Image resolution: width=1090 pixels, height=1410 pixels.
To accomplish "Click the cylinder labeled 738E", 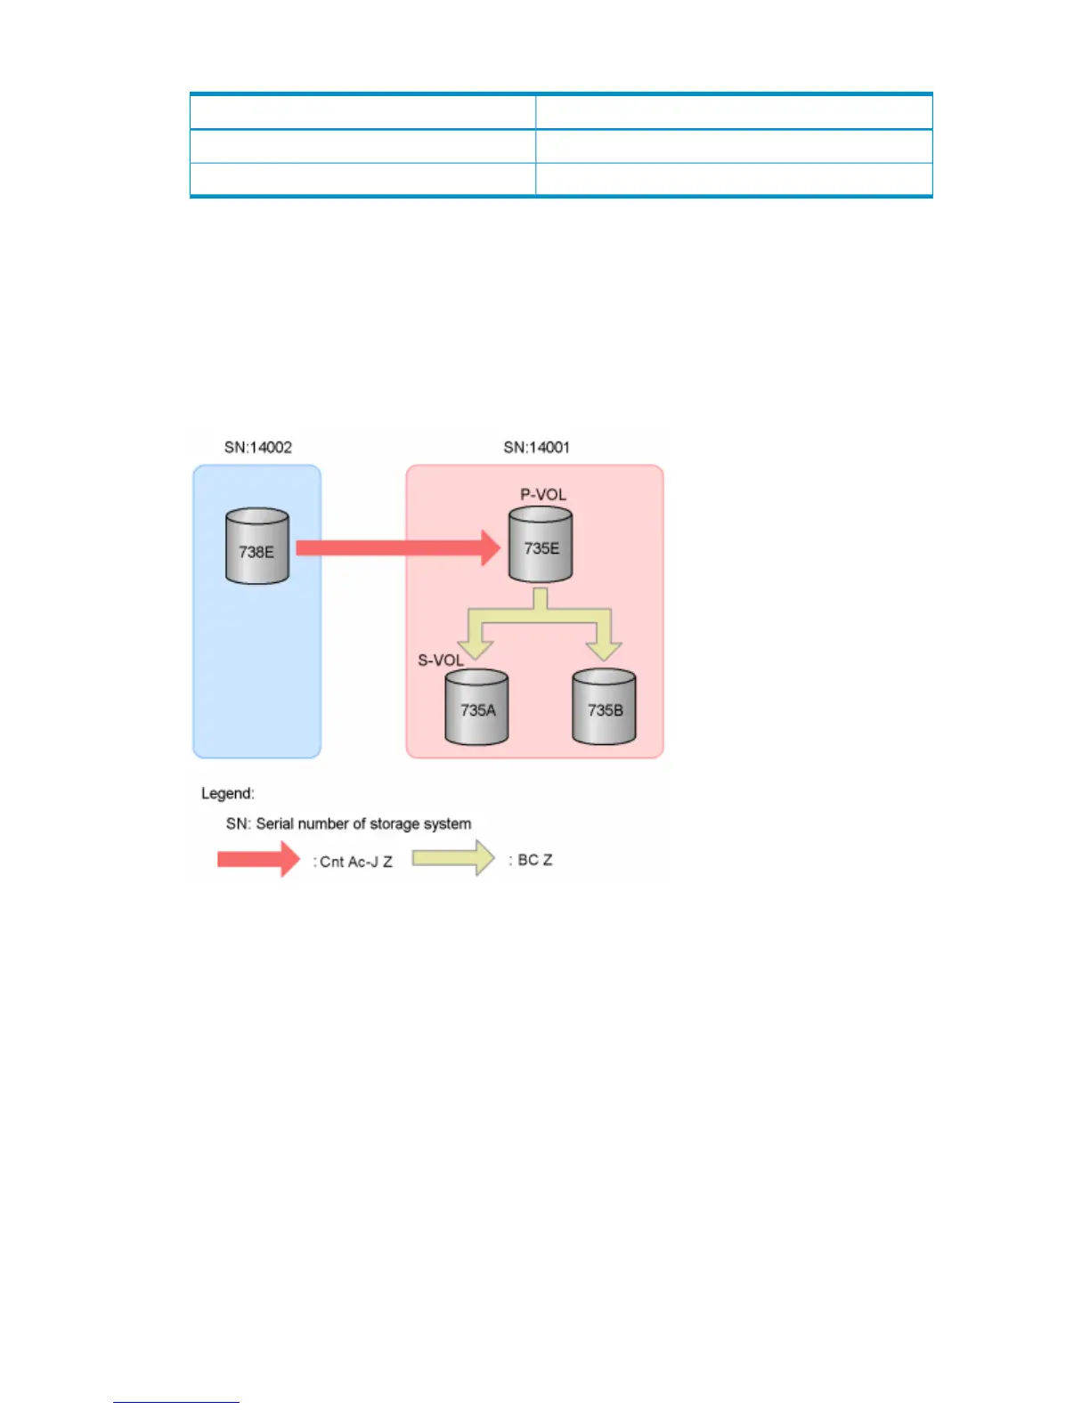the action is tap(257, 547).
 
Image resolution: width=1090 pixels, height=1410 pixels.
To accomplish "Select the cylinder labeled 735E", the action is tap(541, 545).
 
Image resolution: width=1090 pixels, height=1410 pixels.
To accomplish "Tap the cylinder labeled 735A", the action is tap(476, 707).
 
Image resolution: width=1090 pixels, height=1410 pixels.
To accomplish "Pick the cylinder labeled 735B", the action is tap(604, 707).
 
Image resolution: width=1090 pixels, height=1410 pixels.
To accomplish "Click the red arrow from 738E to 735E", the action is tap(397, 547).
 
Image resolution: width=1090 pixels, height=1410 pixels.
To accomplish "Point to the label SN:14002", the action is tap(258, 447).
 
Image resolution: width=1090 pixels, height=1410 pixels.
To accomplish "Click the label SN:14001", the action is tap(536, 447).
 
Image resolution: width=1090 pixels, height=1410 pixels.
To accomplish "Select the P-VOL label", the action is tap(543, 494).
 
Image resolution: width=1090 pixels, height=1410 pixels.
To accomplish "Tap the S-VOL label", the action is tap(441, 660).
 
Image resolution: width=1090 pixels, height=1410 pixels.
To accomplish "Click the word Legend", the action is tap(228, 793).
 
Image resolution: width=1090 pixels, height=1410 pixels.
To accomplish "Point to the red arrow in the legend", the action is tap(258, 859).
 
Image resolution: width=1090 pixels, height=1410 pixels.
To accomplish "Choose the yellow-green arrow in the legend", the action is tap(452, 858).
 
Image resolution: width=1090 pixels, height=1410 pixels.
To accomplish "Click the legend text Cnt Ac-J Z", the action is tap(355, 862).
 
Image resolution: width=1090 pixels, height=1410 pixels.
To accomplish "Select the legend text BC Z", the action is tap(534, 860).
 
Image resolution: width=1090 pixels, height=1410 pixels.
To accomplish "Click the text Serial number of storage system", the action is tap(363, 823).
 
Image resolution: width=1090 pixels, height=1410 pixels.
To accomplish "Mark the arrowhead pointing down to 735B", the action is tap(604, 649).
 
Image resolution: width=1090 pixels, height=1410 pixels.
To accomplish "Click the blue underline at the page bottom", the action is tap(176, 1402).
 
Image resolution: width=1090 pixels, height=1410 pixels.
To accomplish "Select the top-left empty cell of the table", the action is tap(362, 112).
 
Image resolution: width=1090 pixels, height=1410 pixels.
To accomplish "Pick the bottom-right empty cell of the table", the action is tap(733, 179).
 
